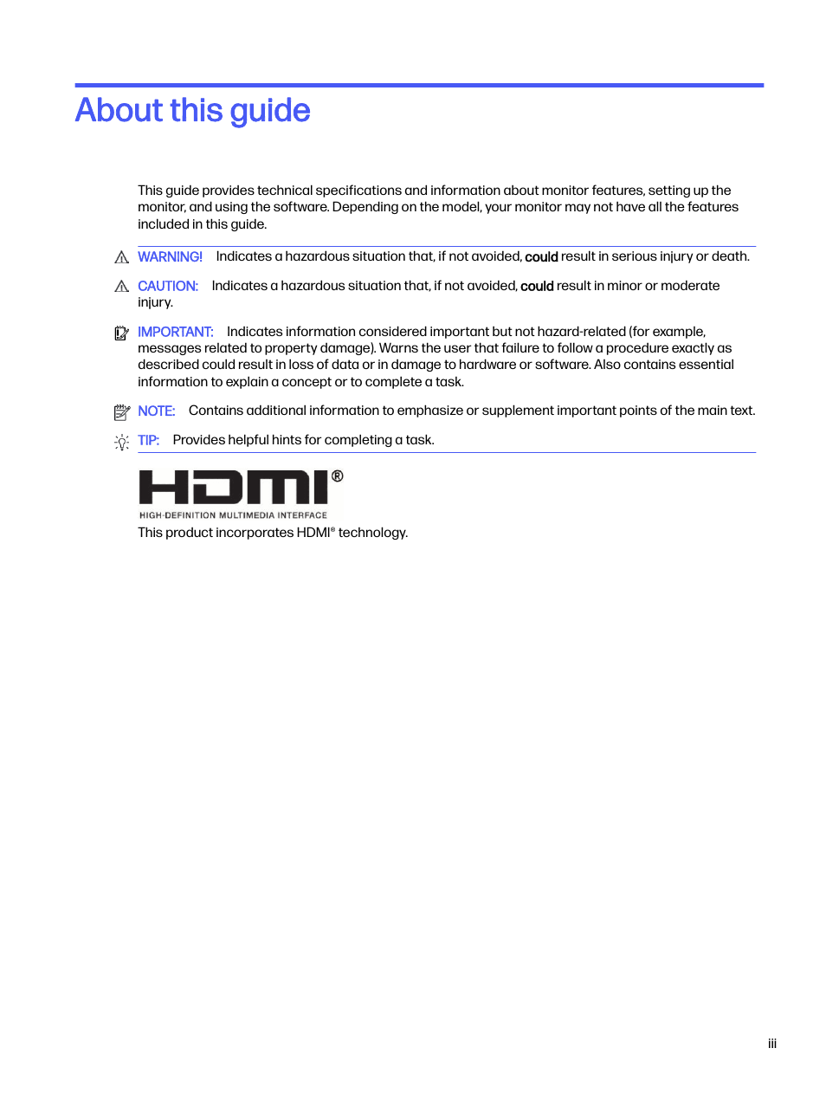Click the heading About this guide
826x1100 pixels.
tap(192, 111)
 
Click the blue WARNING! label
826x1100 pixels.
tap(170, 256)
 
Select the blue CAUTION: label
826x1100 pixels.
tap(167, 286)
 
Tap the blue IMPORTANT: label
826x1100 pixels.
tap(175, 332)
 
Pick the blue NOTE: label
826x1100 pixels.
tap(156, 411)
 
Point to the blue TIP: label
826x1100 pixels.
tap(148, 440)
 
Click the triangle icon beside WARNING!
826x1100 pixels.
tap(121, 257)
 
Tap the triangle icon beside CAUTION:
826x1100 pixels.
tap(121, 287)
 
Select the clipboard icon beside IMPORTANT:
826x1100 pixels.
tap(121, 333)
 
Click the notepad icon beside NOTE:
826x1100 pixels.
tap(121, 411)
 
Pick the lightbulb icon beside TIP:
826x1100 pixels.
tap(121, 442)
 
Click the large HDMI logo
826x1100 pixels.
tap(234, 487)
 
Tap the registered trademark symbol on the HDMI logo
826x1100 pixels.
tap(337, 476)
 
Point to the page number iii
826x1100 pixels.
tap(771, 1044)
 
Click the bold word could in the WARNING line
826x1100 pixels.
tap(541, 257)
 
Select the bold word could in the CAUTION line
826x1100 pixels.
tap(537, 287)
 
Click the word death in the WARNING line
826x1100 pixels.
tap(729, 256)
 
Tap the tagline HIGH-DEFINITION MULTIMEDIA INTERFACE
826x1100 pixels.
tap(233, 515)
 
